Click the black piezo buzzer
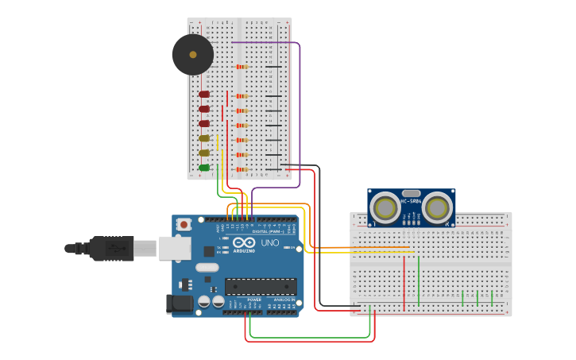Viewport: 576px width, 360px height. click(x=192, y=55)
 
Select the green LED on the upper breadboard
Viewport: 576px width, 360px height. click(x=204, y=168)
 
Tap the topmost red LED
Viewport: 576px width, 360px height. click(x=204, y=95)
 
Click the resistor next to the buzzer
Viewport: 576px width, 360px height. click(x=242, y=67)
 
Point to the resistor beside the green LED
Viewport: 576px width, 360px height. click(x=242, y=168)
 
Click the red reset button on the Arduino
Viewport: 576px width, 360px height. click(x=184, y=225)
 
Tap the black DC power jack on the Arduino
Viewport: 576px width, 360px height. click(x=180, y=304)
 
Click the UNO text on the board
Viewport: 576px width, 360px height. click(x=270, y=242)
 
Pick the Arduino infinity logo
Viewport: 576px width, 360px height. click(x=244, y=242)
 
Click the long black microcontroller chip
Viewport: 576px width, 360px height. click(x=261, y=286)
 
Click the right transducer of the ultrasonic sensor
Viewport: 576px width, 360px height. click(x=436, y=208)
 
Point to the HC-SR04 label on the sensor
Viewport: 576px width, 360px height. click(x=411, y=200)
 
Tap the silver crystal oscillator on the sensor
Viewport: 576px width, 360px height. click(x=411, y=192)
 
